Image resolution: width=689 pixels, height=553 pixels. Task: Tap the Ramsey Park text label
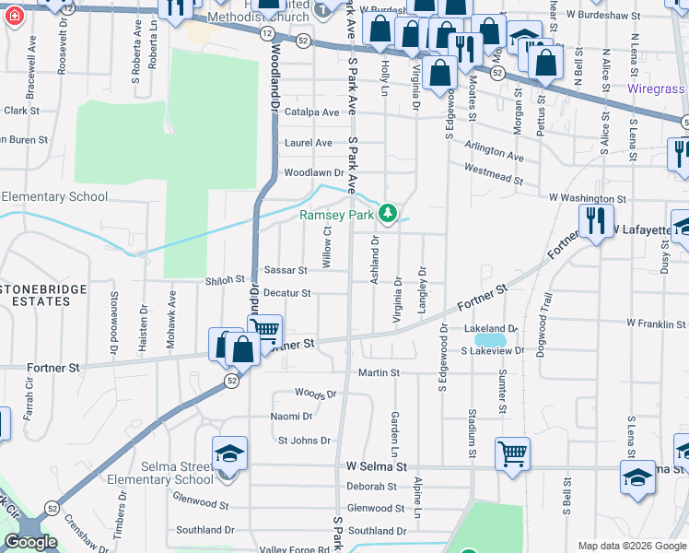pyautogui.click(x=337, y=216)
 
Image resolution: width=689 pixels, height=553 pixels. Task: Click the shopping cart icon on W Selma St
pyautogui.click(x=512, y=452)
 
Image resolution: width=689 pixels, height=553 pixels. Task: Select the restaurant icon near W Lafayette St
pyautogui.click(x=596, y=220)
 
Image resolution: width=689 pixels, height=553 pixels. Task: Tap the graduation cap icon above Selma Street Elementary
pyautogui.click(x=229, y=452)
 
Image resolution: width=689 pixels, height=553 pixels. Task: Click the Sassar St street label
pyautogui.click(x=286, y=271)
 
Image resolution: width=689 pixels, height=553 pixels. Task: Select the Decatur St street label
pyautogui.click(x=287, y=293)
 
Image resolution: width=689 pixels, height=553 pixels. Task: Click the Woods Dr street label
pyautogui.click(x=316, y=393)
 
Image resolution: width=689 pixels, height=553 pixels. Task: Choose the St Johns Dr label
pyautogui.click(x=304, y=441)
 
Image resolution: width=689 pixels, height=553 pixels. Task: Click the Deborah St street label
pyautogui.click(x=378, y=486)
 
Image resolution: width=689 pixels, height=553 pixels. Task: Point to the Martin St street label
pyautogui.click(x=379, y=373)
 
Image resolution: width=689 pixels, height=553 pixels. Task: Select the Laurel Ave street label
pyautogui.click(x=309, y=143)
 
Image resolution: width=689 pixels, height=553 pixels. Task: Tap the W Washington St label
pyautogui.click(x=588, y=198)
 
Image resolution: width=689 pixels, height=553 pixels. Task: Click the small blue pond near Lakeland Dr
pyautogui.click(x=488, y=340)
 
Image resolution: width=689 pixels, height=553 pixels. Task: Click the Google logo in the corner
pyautogui.click(x=30, y=542)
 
